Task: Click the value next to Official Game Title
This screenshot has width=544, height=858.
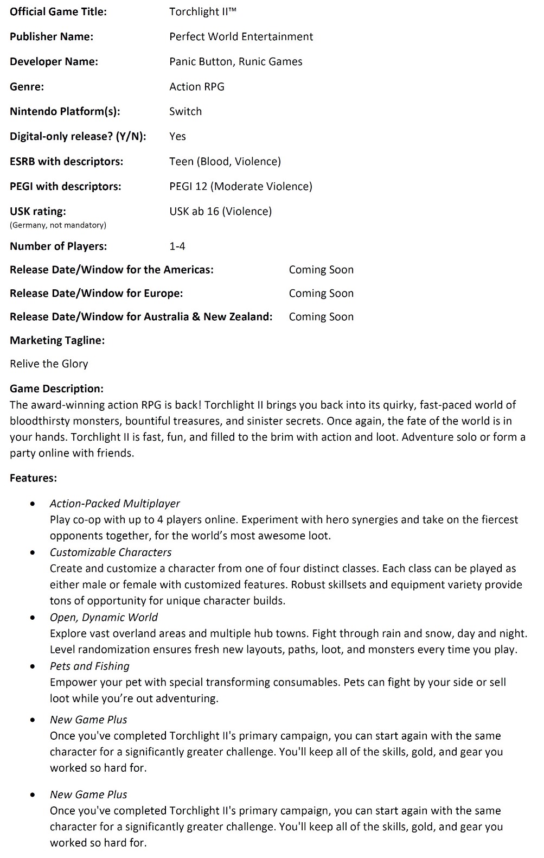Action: click(202, 11)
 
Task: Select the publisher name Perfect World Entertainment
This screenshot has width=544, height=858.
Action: click(241, 36)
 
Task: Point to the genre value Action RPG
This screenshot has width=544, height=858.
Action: click(196, 86)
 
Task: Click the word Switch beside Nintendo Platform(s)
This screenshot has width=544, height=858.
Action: click(185, 111)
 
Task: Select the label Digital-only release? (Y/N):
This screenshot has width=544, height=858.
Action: click(78, 136)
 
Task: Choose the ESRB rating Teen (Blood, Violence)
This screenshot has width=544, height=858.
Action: click(225, 161)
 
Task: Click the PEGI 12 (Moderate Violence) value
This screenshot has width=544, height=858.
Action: click(240, 186)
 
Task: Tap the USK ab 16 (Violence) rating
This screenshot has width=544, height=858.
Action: click(220, 211)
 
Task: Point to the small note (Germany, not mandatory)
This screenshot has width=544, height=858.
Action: click(57, 225)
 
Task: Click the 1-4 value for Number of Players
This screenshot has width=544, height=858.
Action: click(177, 246)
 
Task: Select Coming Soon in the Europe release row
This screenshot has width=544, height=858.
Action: click(321, 293)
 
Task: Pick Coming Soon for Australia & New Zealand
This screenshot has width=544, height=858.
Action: click(321, 316)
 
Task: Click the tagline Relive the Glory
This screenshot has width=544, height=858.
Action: click(49, 364)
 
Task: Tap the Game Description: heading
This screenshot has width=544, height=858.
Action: click(56, 389)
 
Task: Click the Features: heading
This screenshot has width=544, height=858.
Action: click(33, 478)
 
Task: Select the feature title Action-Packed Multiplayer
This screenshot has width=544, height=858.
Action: click(114, 503)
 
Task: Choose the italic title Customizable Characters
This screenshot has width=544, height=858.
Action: click(110, 552)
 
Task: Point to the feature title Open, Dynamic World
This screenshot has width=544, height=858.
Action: click(104, 617)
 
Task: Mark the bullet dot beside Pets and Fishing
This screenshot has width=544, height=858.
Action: click(34, 666)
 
